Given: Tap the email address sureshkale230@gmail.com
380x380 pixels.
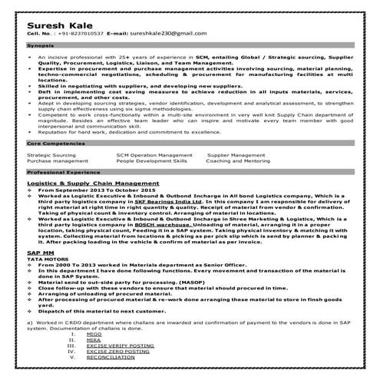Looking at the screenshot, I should [x=155, y=35].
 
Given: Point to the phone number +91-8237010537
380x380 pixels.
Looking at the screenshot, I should [x=80, y=35].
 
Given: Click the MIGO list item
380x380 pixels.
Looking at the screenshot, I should [x=94, y=335].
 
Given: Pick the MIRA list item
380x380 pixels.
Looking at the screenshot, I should [x=94, y=340].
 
